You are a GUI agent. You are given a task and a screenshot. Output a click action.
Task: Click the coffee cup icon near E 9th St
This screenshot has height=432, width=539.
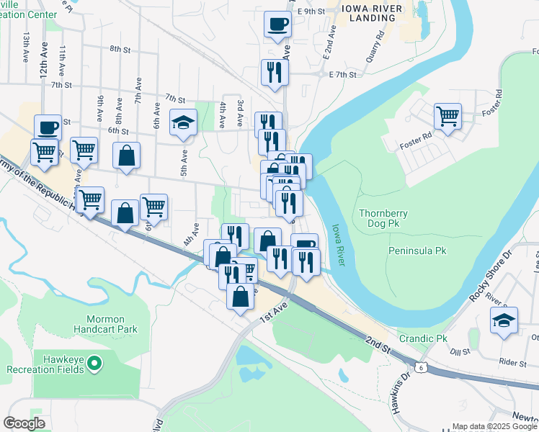tap(277, 24)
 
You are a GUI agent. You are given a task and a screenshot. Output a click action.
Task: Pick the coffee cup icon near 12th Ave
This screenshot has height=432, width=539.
tap(48, 127)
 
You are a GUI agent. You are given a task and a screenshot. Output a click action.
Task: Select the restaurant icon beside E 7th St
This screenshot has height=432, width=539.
tap(275, 71)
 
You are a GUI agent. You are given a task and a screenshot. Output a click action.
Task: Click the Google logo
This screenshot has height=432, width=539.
tap(24, 423)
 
